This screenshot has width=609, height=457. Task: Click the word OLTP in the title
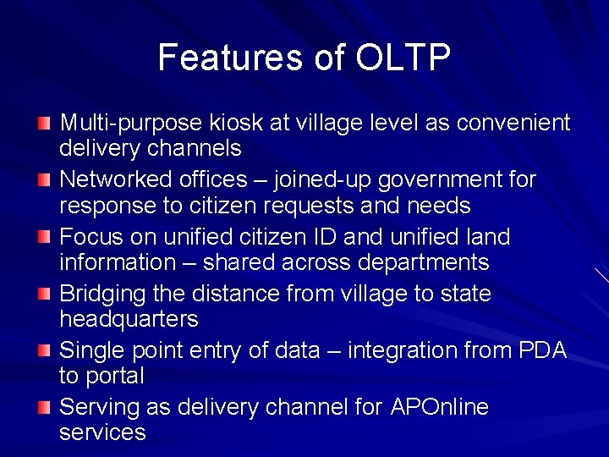point(403,58)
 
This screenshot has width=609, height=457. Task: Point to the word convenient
point(513,124)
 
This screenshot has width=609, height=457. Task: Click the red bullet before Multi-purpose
point(44,124)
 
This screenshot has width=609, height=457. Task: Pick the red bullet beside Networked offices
point(44,180)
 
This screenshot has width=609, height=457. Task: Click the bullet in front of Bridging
point(44,295)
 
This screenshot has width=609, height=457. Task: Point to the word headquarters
point(129,320)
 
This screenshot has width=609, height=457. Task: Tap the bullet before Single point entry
point(44,351)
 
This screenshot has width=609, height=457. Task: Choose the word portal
point(112,376)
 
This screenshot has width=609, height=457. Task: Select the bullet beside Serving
point(44,408)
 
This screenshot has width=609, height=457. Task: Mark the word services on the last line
point(102,432)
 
